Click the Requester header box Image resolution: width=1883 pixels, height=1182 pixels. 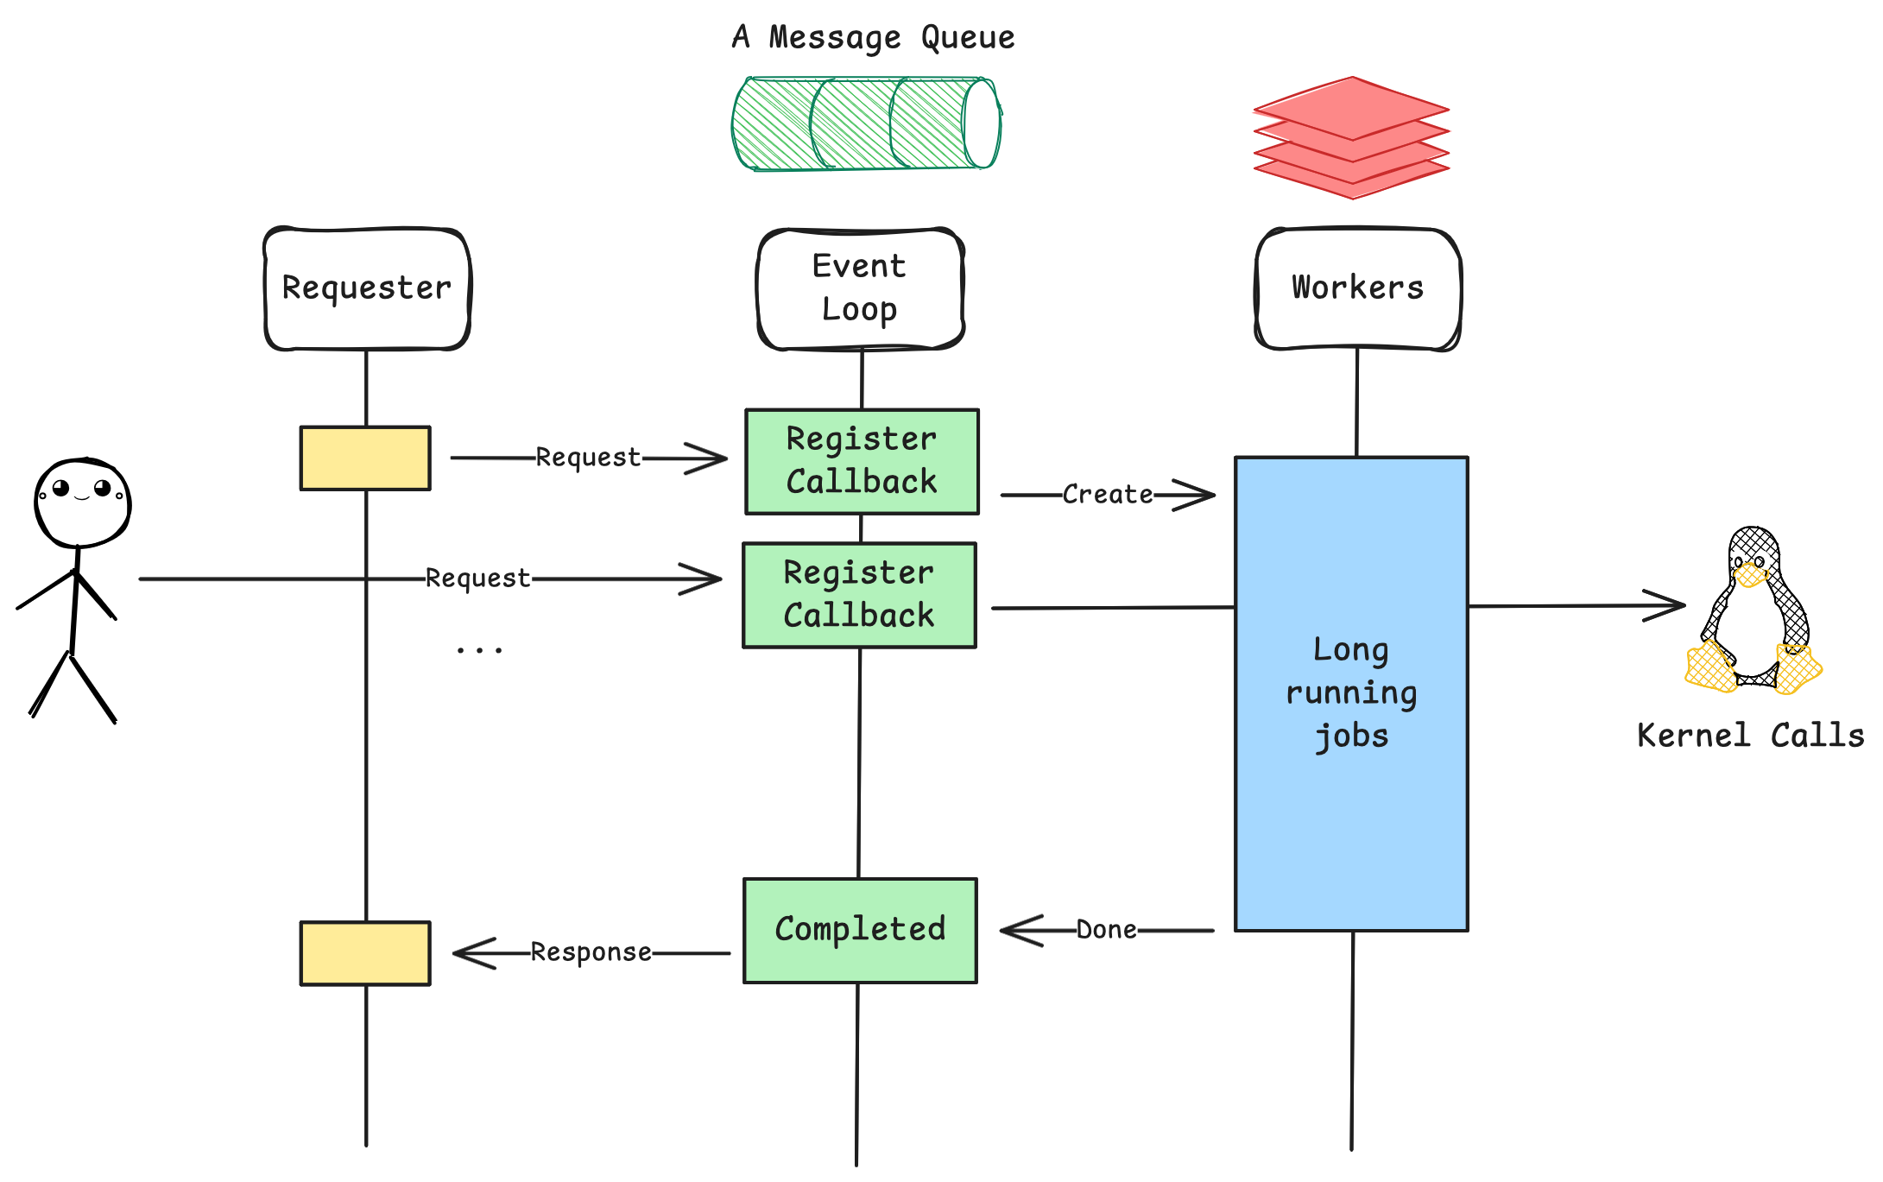[x=367, y=288]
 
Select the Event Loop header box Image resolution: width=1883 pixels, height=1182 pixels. [x=860, y=288]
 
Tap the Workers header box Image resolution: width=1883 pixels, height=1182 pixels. [x=1357, y=288]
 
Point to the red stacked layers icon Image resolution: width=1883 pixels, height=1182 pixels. [x=1351, y=138]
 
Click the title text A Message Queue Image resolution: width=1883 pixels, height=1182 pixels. [x=873, y=37]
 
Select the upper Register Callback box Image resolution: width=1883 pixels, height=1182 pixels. [x=862, y=461]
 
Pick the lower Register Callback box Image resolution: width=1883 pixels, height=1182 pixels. [x=859, y=595]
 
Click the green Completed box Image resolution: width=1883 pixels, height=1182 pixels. [x=860, y=930]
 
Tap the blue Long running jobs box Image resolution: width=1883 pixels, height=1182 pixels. [x=1351, y=693]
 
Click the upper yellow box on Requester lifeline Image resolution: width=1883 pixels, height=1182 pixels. [x=365, y=458]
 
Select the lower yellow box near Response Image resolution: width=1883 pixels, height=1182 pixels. [x=365, y=953]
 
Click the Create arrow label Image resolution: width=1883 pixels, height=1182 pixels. [x=1108, y=495]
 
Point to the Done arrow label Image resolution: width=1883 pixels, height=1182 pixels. [x=1106, y=930]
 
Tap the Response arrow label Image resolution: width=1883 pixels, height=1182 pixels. [x=591, y=952]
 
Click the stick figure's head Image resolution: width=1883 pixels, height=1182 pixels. [x=82, y=503]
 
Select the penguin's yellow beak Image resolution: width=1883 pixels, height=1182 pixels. [x=1751, y=574]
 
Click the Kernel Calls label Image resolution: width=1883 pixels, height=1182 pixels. [x=1750, y=736]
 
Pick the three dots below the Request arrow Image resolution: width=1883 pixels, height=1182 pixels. [x=479, y=649]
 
